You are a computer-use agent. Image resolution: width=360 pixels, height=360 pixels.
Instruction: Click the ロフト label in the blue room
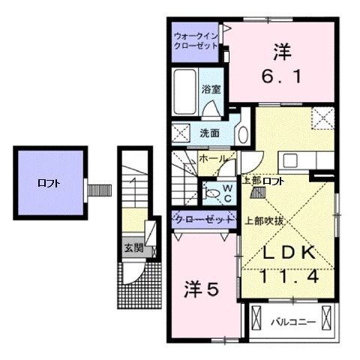49,182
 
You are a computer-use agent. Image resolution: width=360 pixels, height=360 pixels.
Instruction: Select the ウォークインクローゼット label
194,40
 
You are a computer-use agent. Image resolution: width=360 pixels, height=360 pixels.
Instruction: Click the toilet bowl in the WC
214,193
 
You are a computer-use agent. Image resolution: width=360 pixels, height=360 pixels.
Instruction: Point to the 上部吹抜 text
265,221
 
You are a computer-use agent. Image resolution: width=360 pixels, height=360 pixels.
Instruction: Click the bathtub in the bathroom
184,90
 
